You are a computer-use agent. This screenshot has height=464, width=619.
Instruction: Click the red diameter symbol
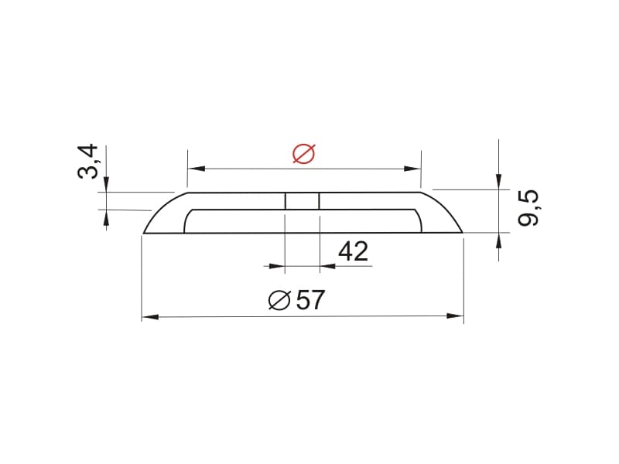(304, 153)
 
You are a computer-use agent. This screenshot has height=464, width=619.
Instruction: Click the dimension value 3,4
(87, 162)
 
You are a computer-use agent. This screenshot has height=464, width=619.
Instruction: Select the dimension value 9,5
(528, 208)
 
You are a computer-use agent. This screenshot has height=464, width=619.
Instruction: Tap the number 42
(354, 251)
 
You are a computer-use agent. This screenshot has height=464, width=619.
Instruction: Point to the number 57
(310, 300)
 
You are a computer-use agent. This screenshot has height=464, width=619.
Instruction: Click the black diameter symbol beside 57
(279, 300)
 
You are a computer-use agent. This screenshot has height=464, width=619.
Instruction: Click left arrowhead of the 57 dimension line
(150, 317)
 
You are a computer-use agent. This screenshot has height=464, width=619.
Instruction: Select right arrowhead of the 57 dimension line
(455, 316)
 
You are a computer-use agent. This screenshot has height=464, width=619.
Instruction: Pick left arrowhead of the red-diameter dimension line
(197, 169)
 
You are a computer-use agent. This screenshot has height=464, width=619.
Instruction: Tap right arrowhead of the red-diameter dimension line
(412, 169)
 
